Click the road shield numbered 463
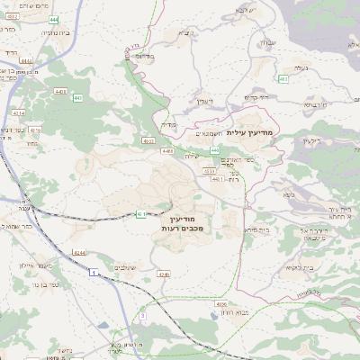coord(283,79)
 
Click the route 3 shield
coord(141,317)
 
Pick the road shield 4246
coord(163,274)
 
